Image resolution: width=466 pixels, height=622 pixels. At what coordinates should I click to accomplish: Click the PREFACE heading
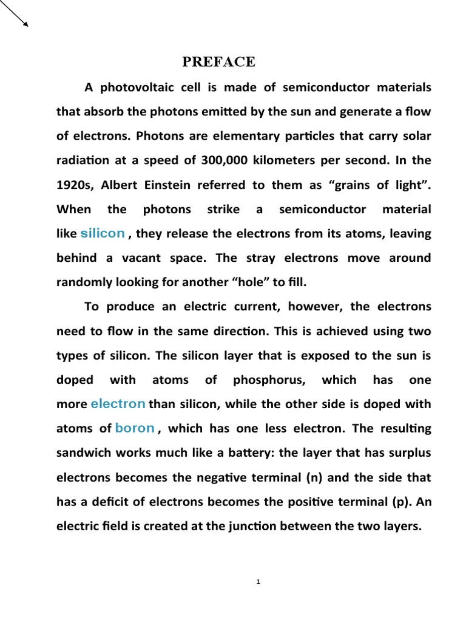pyautogui.click(x=219, y=62)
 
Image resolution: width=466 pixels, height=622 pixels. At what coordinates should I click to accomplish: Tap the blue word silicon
pyautogui.click(x=103, y=233)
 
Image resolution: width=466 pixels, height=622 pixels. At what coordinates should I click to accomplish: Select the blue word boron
pyautogui.click(x=135, y=428)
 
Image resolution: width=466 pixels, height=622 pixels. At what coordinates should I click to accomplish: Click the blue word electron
pyautogui.click(x=118, y=403)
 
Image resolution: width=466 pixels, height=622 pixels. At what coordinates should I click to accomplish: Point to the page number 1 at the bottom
pyautogui.click(x=258, y=581)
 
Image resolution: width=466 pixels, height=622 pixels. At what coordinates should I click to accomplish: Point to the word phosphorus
pyautogui.click(x=269, y=380)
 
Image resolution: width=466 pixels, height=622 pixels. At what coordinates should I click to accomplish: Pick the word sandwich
pyautogui.click(x=83, y=453)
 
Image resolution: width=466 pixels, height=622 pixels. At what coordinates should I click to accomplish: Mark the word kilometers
pyautogui.click(x=279, y=160)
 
